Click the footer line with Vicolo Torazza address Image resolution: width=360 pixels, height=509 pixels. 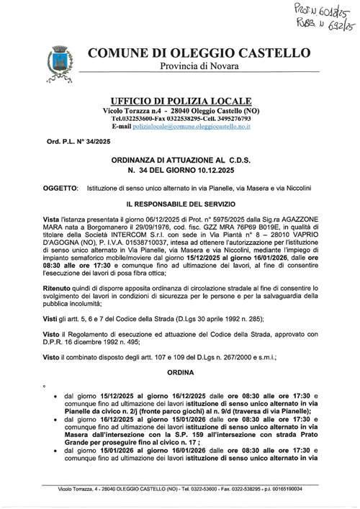[x=180, y=490]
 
